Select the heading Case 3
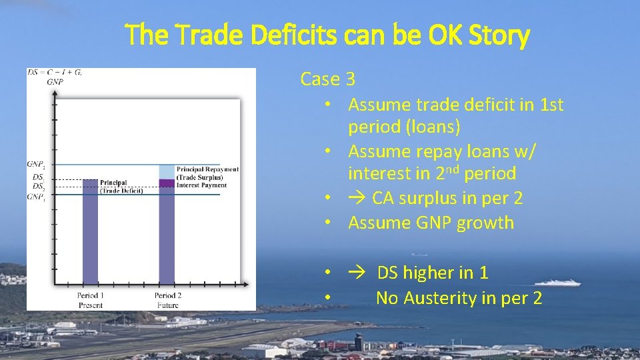327,79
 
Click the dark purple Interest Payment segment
167,183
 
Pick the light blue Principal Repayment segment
167,171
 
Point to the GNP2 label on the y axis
36,164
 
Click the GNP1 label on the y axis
36,197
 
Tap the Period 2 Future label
169,299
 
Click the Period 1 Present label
90,299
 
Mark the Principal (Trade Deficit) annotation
121,187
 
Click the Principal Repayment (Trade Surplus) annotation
207,173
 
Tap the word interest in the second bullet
379,174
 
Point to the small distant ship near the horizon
419,254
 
